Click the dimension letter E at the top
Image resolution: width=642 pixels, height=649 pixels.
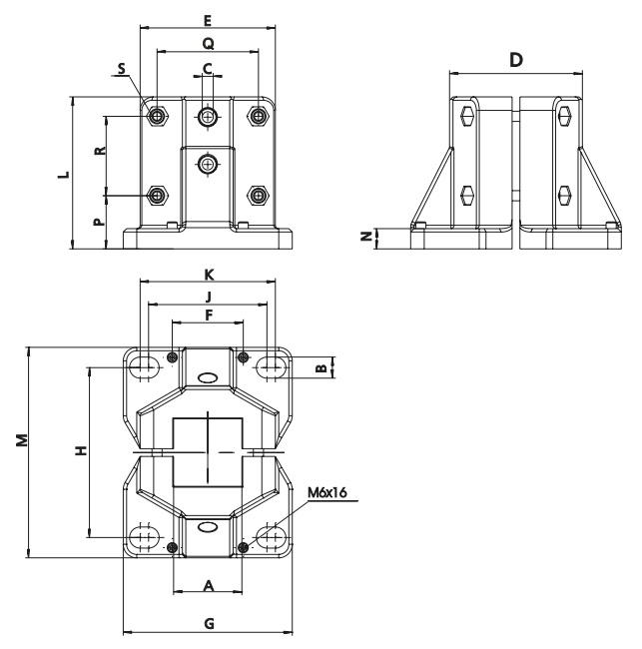[207, 19]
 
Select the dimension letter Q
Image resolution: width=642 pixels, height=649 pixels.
[207, 43]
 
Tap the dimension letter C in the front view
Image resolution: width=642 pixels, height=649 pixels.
[208, 67]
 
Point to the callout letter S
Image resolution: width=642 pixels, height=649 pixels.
[122, 69]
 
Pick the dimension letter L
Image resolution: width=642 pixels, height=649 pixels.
[63, 174]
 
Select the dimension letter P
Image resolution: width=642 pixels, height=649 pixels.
[99, 222]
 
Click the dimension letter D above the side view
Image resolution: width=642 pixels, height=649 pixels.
[516, 61]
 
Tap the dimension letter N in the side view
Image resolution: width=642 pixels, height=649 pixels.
[366, 237]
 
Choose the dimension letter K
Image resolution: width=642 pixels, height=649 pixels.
[208, 273]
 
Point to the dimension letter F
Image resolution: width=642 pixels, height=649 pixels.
[208, 315]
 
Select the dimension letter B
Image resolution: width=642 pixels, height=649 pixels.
[321, 367]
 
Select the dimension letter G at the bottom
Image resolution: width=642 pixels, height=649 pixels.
[208, 621]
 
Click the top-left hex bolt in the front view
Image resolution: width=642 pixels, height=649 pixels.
[156, 116]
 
